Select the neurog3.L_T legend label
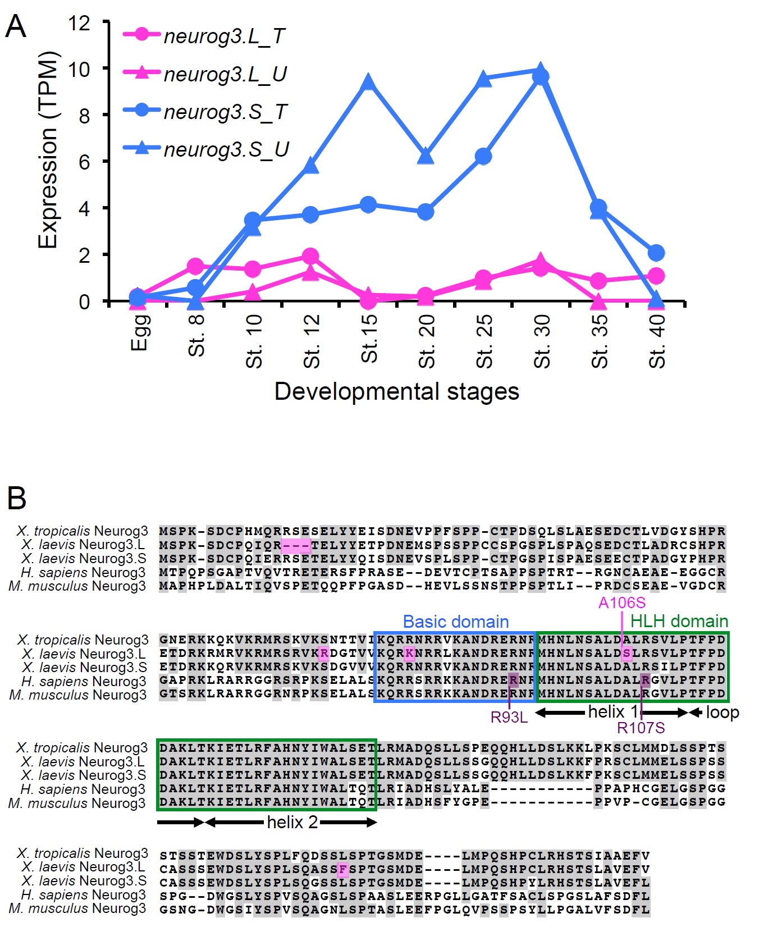pos(224,36)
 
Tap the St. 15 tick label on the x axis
pos(369,339)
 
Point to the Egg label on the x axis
pos(139,332)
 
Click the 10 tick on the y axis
pos(79,70)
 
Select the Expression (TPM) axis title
pos(48,149)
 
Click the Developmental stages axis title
pos(396,391)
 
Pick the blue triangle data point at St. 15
pos(368,82)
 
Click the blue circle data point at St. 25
pos(483,157)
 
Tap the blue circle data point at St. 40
pos(656,253)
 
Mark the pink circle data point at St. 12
pos(310,257)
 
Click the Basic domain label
pos(456,622)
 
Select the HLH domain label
pos(679,621)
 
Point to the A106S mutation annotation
pos(621,603)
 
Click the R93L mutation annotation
pos(509,717)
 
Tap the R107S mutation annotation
pos(641,728)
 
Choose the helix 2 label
pos(292,823)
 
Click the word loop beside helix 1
pos(722,713)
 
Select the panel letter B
pos(17,497)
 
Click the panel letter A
pos(16,26)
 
